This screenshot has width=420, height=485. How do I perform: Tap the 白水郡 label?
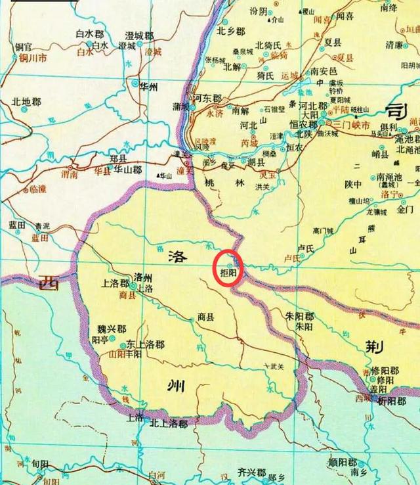(91, 33)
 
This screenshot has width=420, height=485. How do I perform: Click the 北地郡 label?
(26, 102)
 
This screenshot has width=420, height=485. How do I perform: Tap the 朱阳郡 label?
(299, 317)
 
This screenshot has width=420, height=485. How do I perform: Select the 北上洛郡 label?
(169, 424)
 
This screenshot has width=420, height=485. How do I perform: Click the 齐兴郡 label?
(251, 472)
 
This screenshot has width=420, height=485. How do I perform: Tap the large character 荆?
(383, 344)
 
